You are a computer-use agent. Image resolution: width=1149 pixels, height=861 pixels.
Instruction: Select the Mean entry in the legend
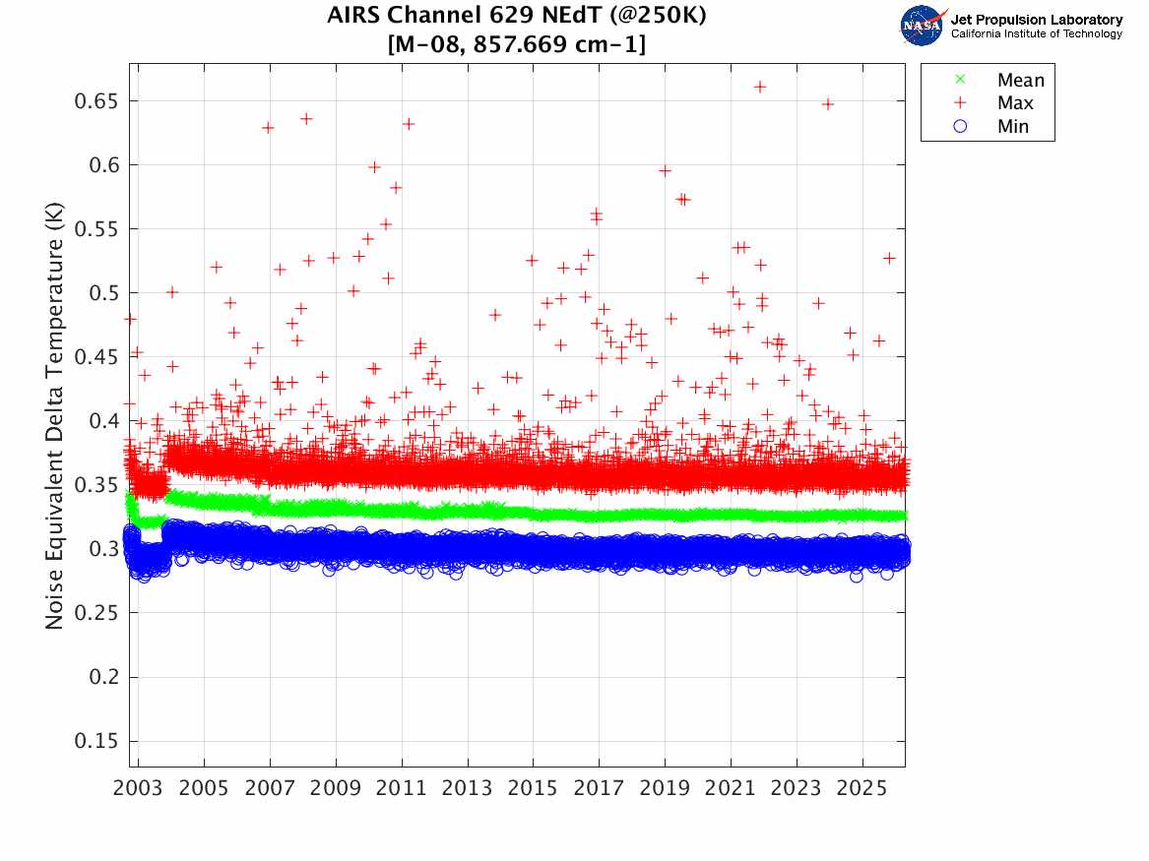(1020, 81)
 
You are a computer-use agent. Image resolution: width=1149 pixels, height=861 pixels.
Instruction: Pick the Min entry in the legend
(1013, 126)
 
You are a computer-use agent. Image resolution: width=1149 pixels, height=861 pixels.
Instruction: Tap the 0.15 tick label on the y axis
(96, 741)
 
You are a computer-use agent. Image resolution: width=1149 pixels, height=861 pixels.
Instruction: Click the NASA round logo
(922, 26)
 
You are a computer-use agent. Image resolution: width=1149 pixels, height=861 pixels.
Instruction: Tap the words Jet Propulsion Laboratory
(1036, 20)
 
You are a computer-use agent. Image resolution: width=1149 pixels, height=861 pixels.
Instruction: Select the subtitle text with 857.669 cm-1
(517, 44)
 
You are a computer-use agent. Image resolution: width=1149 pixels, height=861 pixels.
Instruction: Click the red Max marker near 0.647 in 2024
(828, 103)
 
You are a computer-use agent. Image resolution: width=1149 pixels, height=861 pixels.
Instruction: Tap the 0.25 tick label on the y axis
(96, 613)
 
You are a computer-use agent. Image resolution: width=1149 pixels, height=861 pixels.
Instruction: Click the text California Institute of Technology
(1036, 33)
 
